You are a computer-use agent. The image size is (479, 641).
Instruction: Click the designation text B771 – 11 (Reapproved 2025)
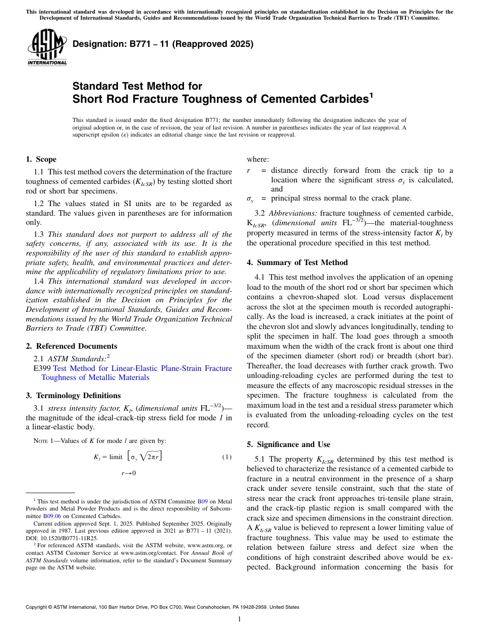click(163, 44)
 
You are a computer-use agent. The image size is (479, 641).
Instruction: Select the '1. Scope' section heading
click(41, 159)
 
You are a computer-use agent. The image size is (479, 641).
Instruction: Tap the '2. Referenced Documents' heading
click(72, 346)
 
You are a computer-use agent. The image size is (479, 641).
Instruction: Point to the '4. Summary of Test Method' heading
click(297, 263)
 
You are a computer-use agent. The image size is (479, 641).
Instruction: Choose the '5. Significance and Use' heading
click(288, 444)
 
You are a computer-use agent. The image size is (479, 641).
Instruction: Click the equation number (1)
click(226, 457)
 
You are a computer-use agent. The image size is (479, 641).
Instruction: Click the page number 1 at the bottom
click(239, 619)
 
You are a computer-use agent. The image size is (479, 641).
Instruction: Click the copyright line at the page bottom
click(162, 607)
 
